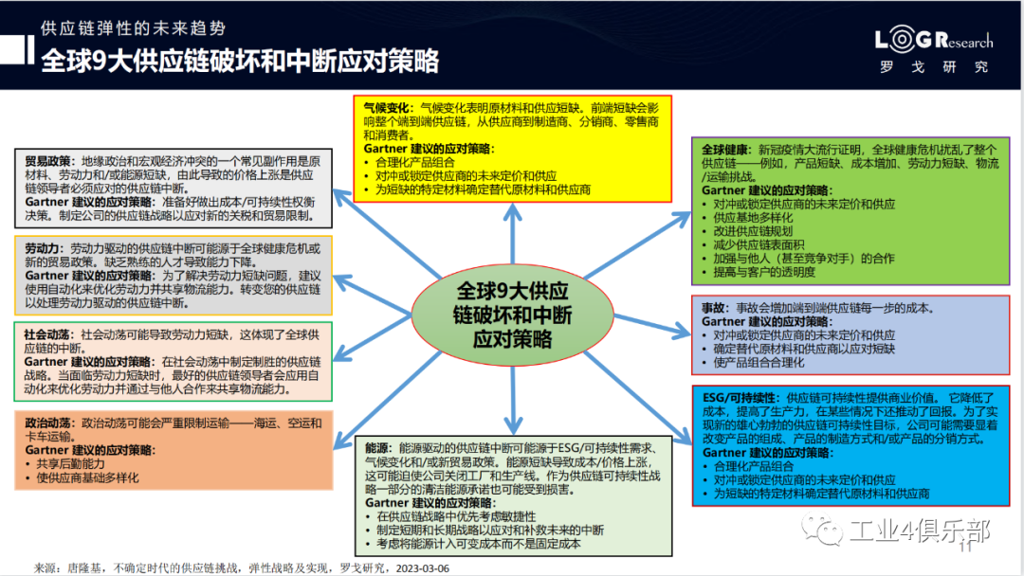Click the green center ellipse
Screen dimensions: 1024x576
tap(513, 315)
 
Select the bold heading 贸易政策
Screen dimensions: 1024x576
tap(47, 161)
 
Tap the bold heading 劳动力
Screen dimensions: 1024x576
tap(42, 248)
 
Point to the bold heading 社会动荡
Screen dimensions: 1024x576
tap(47, 334)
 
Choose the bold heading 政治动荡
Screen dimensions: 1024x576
tap(47, 423)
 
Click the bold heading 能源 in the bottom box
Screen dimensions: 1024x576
tap(376, 448)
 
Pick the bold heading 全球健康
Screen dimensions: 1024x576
tap(724, 150)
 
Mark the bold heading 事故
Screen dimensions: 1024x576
tap(713, 308)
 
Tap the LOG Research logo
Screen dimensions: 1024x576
tap(934, 49)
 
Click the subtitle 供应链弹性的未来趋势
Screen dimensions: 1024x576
tap(134, 28)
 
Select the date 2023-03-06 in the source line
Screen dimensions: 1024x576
tap(423, 568)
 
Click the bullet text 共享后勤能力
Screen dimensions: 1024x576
tap(70, 464)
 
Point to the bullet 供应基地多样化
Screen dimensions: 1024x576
tap(753, 218)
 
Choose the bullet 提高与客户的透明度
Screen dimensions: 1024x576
tap(764, 272)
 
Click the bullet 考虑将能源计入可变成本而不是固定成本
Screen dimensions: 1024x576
tap(479, 544)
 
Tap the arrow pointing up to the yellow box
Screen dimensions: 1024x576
tap(513, 235)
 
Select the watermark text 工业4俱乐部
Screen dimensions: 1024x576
tap(920, 531)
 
